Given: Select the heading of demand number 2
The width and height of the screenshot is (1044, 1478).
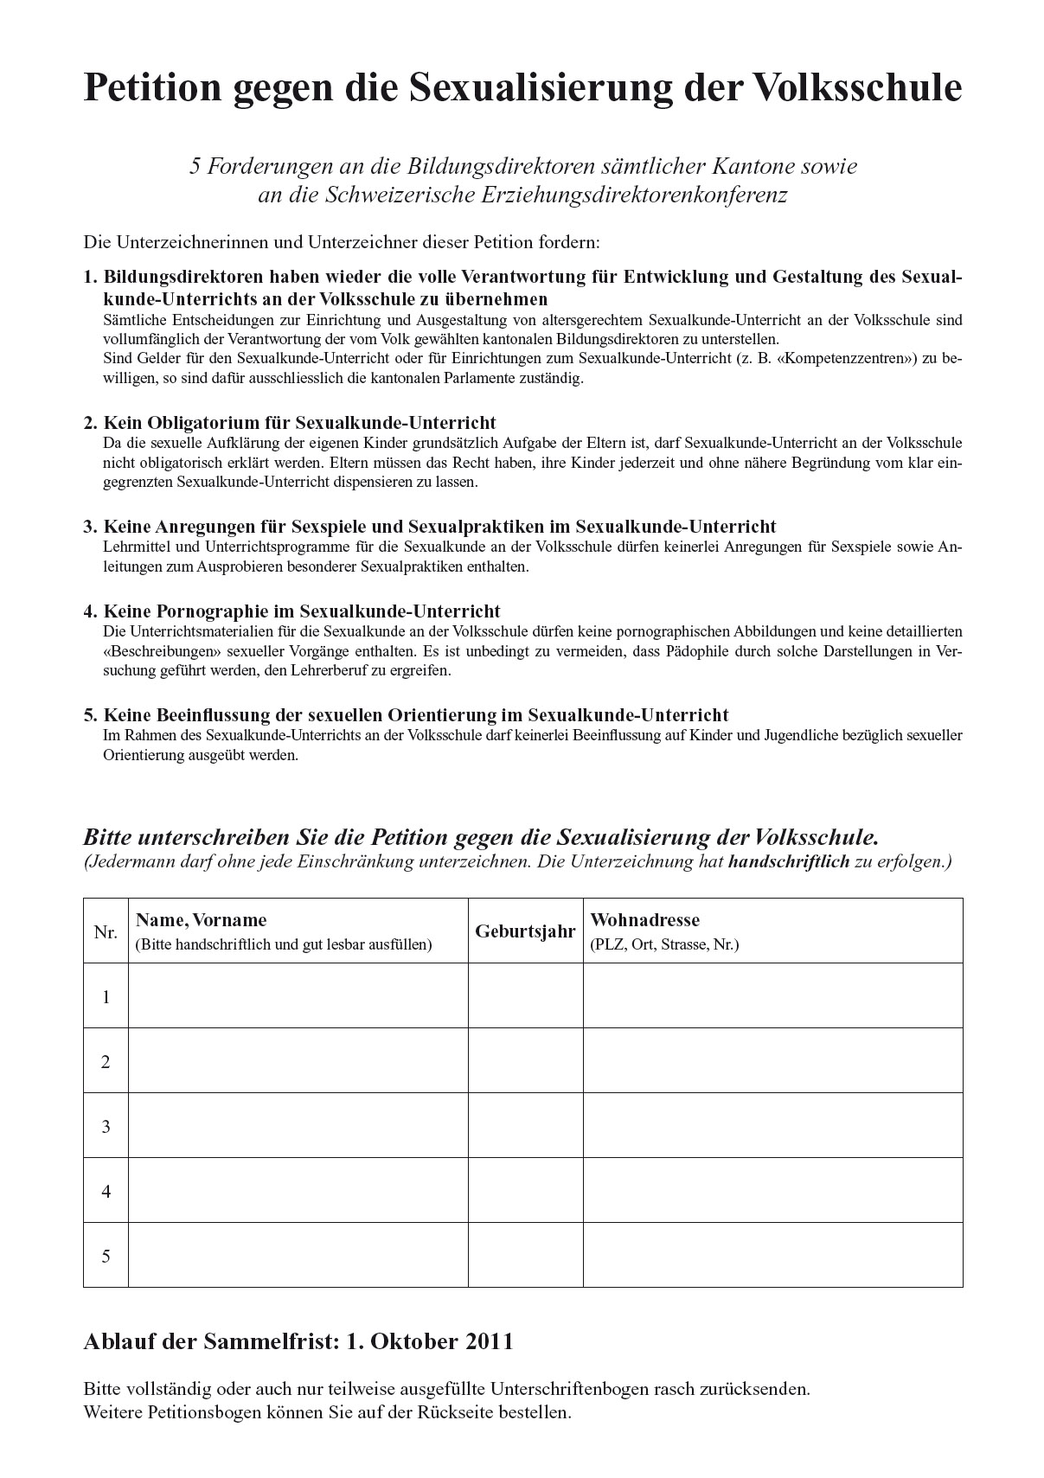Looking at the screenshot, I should [299, 423].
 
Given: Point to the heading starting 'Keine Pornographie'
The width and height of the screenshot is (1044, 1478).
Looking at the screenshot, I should [302, 611].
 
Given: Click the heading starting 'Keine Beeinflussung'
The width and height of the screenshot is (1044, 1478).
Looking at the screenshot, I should [416, 715].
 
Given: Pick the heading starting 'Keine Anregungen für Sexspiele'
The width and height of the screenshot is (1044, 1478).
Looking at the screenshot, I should [439, 527].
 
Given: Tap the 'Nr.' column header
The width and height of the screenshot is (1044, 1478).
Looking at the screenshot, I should [106, 932].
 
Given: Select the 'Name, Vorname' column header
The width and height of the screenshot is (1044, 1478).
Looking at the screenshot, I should [202, 920].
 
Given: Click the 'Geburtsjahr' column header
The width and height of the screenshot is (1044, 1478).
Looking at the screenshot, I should [525, 931].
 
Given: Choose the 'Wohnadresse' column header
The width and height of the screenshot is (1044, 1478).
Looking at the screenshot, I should [644, 920].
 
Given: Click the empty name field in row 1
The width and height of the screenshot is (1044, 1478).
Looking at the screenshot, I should [298, 996].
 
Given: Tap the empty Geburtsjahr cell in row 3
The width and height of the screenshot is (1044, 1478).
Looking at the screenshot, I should [525, 1126].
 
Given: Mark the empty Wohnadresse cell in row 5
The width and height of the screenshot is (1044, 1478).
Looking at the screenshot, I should [772, 1256].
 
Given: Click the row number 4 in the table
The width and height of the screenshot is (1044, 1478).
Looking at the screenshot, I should [106, 1192].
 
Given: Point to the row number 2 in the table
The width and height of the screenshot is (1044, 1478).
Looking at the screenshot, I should [106, 1062].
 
